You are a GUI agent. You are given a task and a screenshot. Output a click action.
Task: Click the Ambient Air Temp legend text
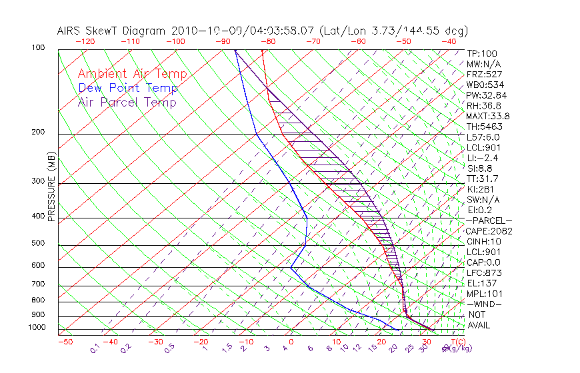pos(132,75)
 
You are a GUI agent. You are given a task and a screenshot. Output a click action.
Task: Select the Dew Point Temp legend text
pos(128,89)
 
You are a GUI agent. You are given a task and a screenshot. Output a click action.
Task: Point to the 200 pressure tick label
pos(39,133)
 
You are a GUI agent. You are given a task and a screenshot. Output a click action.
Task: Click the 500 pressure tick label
pos(39,244)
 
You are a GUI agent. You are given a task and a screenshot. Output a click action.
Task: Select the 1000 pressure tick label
pos(37,327)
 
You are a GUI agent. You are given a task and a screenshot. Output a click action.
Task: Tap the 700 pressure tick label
pos(39,284)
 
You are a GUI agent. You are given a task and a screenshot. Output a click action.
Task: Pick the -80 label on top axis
pos(267,41)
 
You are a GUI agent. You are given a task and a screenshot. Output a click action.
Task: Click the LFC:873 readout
pos(484,273)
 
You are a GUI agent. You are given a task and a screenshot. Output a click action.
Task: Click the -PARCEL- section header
pos(489,220)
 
